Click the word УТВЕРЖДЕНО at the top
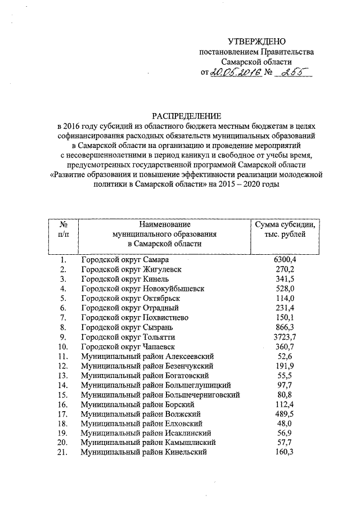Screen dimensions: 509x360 256,42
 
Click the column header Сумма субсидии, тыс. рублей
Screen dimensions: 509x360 285,229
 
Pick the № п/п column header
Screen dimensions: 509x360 64,229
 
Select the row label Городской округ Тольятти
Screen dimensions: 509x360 127,337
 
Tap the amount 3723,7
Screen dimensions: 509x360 285,337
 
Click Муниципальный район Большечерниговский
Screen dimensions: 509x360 161,395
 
